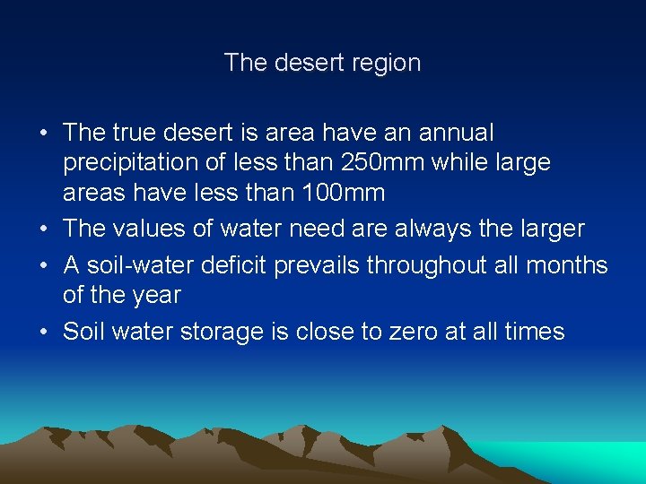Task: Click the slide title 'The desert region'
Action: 322,63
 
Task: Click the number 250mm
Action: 406,162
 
